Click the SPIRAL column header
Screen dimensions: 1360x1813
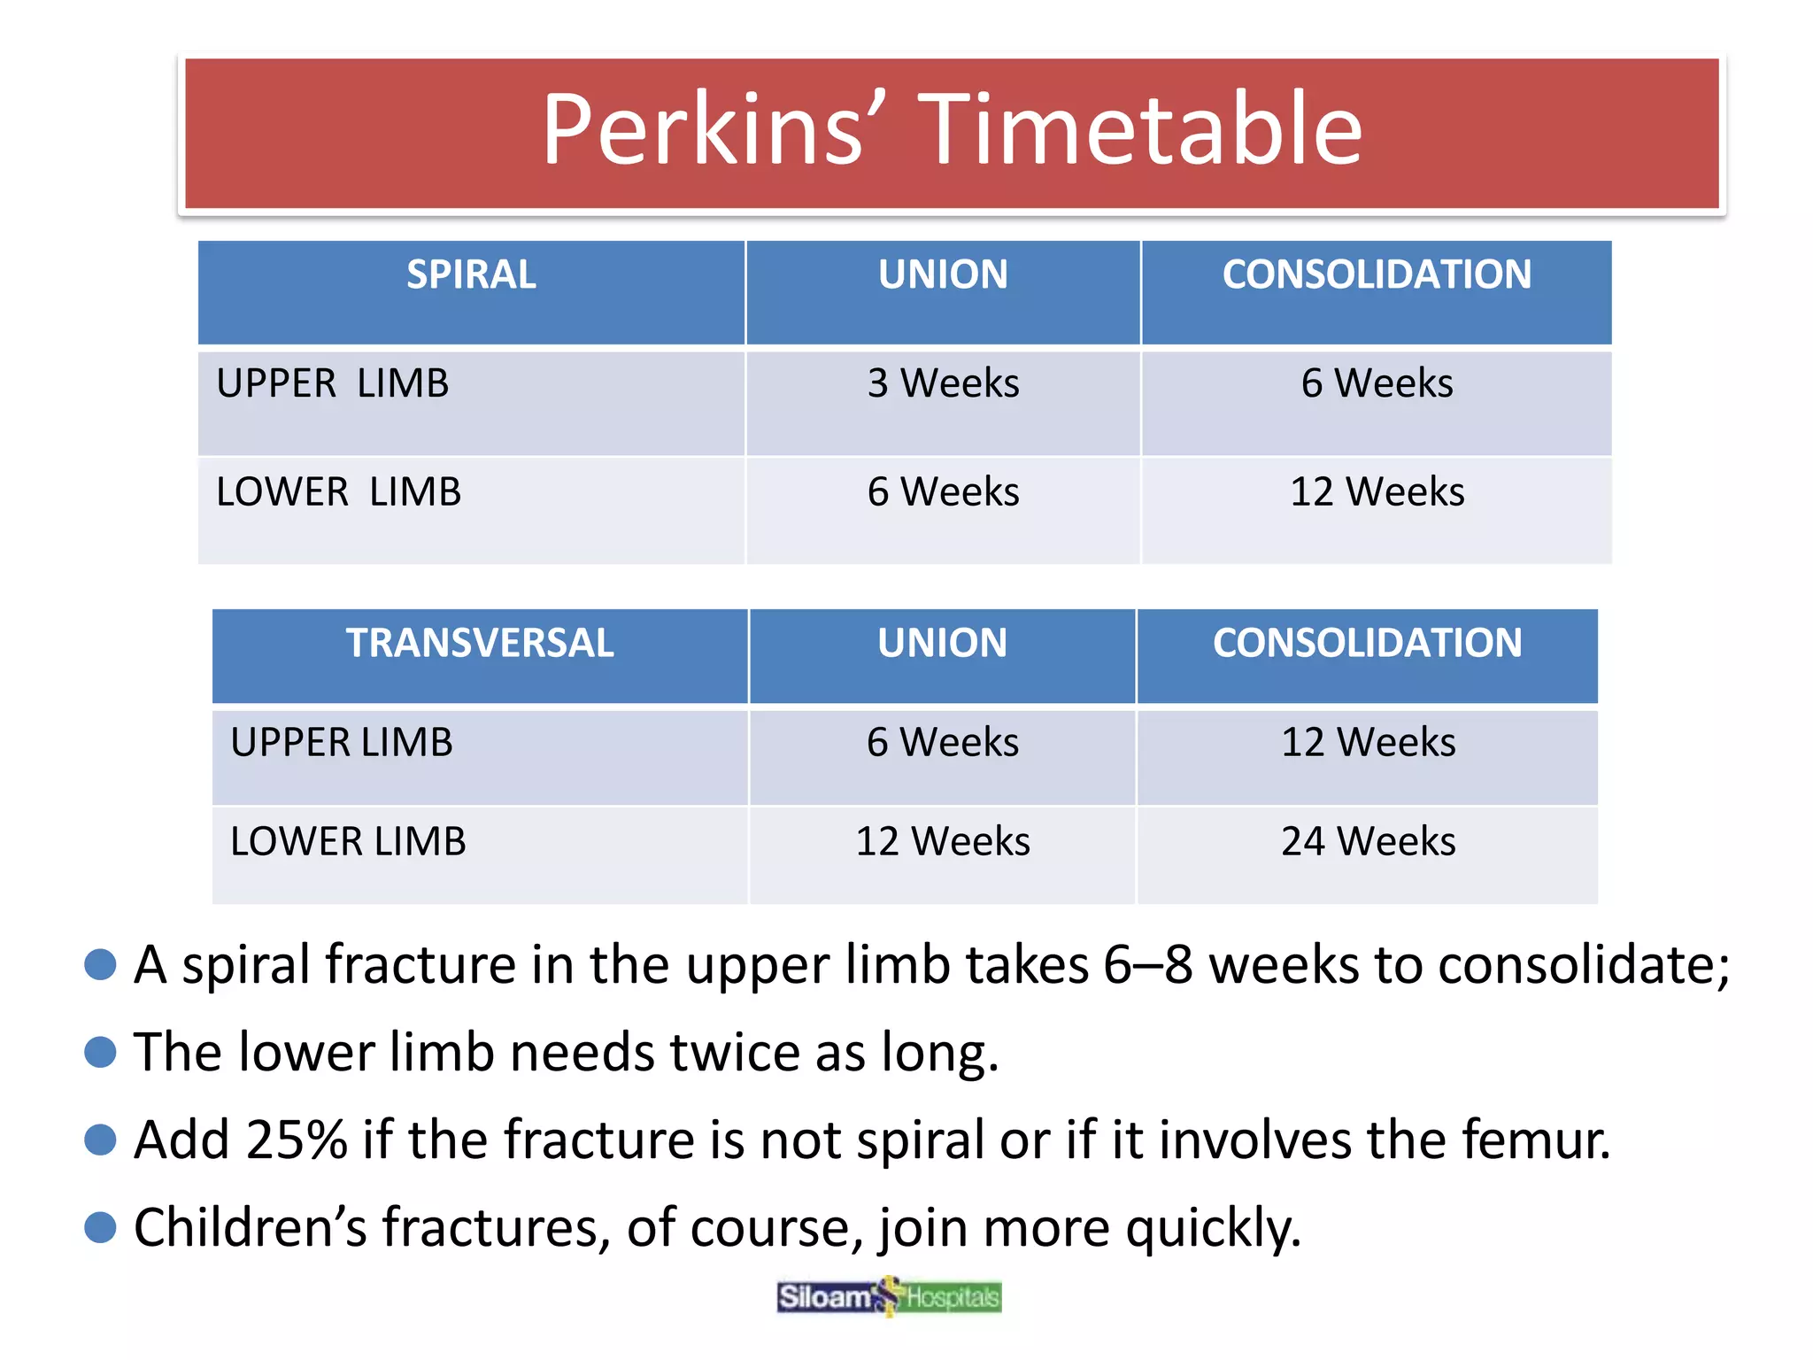pyautogui.click(x=471, y=274)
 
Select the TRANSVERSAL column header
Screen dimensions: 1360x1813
pyautogui.click(x=479, y=643)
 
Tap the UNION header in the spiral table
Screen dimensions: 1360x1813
pyautogui.click(x=943, y=274)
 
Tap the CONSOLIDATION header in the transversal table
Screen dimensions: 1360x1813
pyautogui.click(x=1367, y=643)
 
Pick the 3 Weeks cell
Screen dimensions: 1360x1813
pyautogui.click(x=943, y=383)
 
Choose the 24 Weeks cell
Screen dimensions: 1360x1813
pyautogui.click(x=1368, y=841)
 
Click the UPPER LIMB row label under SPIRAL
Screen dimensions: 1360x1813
pyautogui.click(x=333, y=383)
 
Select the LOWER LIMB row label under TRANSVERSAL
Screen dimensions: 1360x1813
pyautogui.click(x=348, y=841)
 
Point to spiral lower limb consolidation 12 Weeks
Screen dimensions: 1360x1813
pyautogui.click(x=1377, y=491)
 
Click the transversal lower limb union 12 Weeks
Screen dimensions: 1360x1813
pyautogui.click(x=943, y=841)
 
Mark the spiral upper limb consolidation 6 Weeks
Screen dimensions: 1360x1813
pyautogui.click(x=1377, y=383)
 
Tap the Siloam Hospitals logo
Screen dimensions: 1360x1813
pyautogui.click(x=889, y=1297)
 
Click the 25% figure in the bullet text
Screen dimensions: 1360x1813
pyautogui.click(x=297, y=1140)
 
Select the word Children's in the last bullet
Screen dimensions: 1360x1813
pyautogui.click(x=250, y=1228)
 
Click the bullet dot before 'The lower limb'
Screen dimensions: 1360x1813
pyautogui.click(x=100, y=1052)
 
